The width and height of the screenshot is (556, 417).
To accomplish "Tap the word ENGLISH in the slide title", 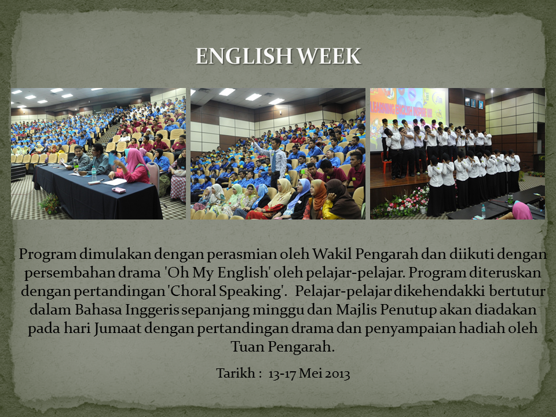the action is (x=244, y=56).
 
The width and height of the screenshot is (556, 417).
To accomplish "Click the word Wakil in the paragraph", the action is (x=331, y=254).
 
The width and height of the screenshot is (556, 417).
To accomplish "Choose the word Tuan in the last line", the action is (x=247, y=346).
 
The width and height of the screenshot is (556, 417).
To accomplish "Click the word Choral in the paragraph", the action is (x=191, y=291).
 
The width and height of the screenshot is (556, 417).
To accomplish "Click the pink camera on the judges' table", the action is (x=119, y=190).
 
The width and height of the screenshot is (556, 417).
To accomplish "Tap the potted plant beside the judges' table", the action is (x=50, y=204).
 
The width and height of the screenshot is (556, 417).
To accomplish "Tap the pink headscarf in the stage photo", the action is (x=522, y=210).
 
